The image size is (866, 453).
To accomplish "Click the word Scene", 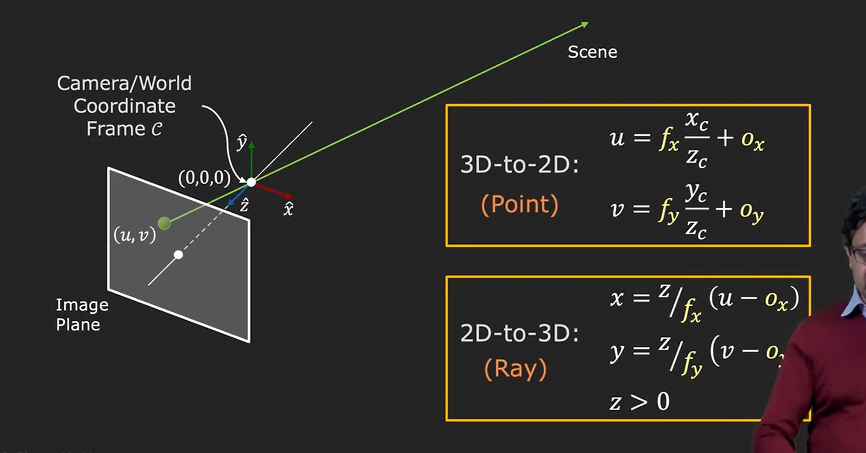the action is pos(592,53).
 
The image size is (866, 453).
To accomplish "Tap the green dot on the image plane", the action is pos(164,223).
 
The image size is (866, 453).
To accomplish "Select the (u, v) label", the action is pos(134,235).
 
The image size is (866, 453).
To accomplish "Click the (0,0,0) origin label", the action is pos(204,178).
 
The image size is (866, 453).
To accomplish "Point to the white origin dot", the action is pos(251,182).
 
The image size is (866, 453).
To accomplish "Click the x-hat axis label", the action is pos(288,209).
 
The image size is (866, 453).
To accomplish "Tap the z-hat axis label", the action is pos(244,206).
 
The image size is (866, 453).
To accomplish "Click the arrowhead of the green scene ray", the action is pos(585,24).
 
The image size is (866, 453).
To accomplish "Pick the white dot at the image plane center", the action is pos(178,255).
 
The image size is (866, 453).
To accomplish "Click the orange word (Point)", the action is pos(520,205).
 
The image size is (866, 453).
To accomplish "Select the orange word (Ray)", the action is pos(515,369).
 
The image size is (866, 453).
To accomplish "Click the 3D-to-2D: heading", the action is pos(519,165).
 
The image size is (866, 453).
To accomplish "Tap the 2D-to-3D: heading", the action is pos(519,333).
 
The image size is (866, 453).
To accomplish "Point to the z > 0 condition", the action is pos(640,401).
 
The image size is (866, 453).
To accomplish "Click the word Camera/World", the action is pos(124,83).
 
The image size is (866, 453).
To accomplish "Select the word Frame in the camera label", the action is pos(116,129).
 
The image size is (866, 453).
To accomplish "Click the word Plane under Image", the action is pos(78,325).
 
